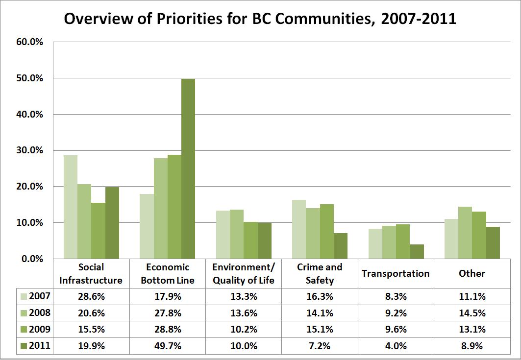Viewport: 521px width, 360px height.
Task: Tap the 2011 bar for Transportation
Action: [417, 251]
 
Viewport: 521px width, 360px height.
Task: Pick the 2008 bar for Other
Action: [465, 233]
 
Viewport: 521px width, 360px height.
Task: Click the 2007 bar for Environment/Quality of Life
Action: [223, 235]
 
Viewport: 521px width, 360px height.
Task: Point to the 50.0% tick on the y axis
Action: [30, 78]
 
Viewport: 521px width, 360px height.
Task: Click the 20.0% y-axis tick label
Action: [30, 187]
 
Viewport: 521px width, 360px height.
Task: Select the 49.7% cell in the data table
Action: [168, 346]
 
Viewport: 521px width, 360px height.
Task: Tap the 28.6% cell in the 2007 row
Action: [92, 296]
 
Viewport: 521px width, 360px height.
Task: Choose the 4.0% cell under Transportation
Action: [395, 346]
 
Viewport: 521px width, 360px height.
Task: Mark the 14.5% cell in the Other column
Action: [471, 313]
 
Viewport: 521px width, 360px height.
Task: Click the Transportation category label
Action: [395, 273]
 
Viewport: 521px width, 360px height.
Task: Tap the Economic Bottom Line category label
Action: [168, 273]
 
